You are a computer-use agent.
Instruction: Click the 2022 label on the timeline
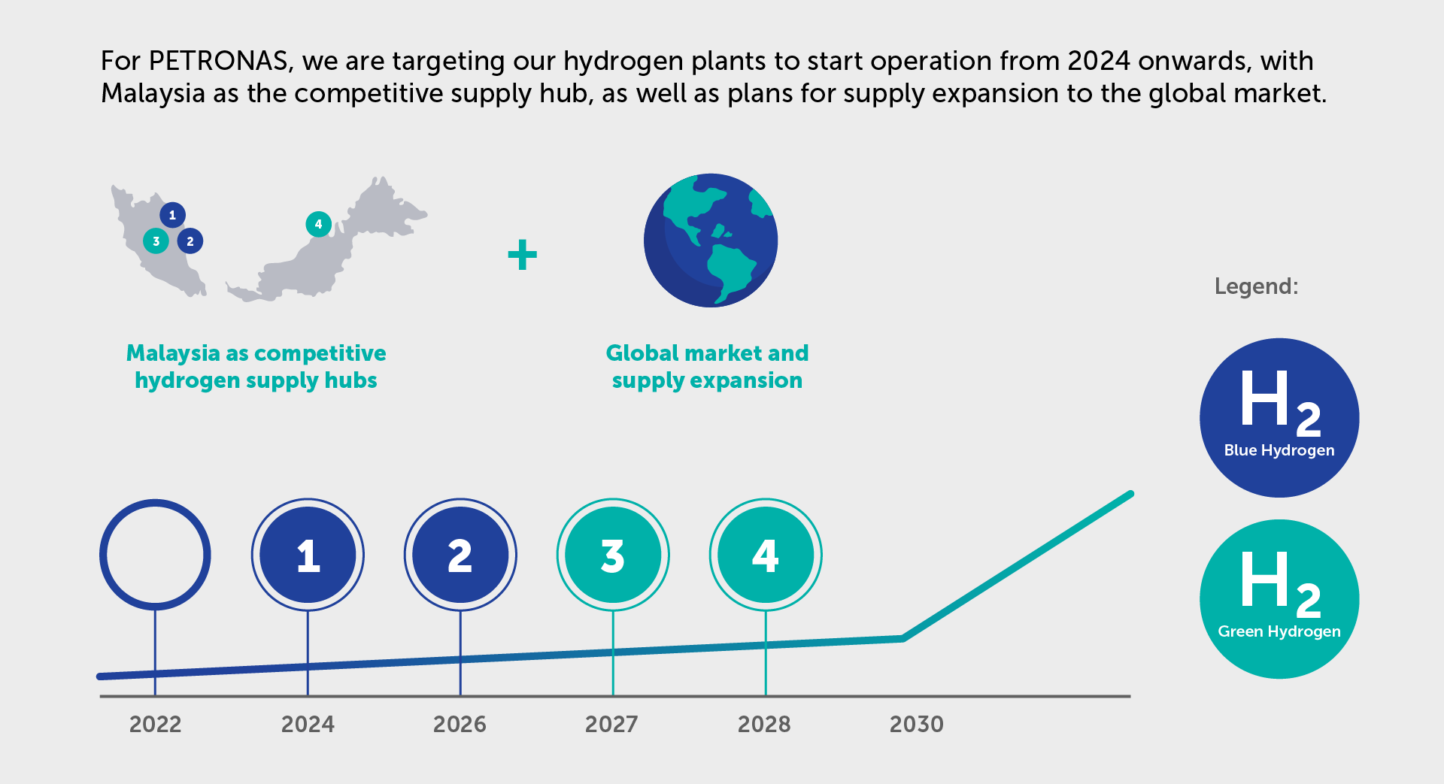[155, 724]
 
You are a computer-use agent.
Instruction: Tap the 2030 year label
[916, 724]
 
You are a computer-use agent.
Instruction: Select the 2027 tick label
[611, 724]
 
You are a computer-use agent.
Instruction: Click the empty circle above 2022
[155, 555]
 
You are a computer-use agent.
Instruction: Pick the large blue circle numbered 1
[308, 555]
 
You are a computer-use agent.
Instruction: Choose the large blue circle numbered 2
[460, 555]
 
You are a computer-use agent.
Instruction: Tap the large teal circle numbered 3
[613, 555]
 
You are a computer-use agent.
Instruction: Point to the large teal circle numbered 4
[766, 555]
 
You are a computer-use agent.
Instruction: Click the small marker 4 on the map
[318, 224]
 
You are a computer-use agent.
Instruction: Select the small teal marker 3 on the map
[156, 241]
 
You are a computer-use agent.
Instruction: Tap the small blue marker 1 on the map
[172, 215]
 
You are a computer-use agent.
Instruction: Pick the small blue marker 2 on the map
[190, 241]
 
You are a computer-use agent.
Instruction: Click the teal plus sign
[523, 255]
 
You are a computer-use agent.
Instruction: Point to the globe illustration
[711, 241]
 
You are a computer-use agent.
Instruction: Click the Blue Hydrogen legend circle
[1279, 417]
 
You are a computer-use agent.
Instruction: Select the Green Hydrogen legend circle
[1279, 599]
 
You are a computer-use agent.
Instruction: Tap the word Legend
[1256, 286]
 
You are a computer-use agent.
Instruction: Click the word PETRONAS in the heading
[219, 61]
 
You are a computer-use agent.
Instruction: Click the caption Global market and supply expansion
[707, 366]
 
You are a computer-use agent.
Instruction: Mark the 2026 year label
[460, 724]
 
